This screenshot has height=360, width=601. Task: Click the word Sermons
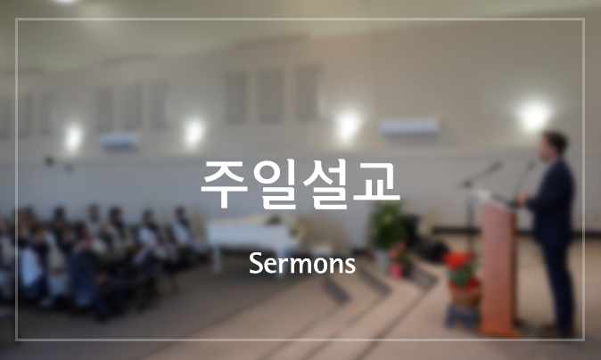coord(302,264)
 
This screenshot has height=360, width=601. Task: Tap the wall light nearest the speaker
coord(534,116)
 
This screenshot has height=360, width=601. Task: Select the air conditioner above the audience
coord(119,140)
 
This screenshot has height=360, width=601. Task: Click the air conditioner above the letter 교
coord(408,127)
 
